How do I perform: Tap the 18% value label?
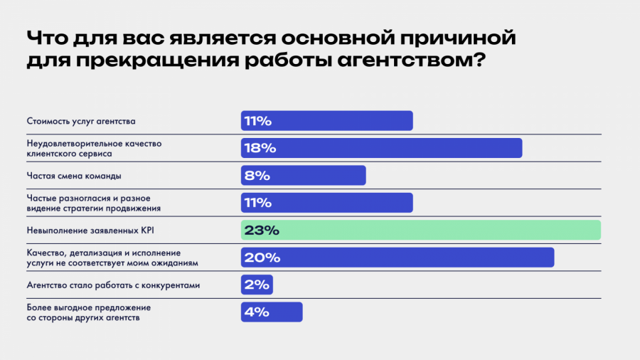point(259,148)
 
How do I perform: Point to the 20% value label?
point(259,257)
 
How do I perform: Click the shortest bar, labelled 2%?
point(257,285)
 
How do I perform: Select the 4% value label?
point(257,312)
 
